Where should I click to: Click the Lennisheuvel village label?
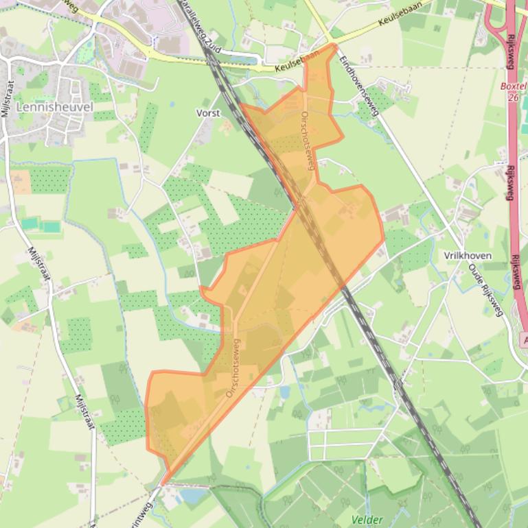click(x=54, y=108)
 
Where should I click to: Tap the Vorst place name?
click(x=208, y=113)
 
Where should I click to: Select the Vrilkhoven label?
click(x=468, y=256)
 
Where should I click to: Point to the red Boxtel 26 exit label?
click(x=512, y=92)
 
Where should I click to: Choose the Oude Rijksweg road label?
click(x=486, y=289)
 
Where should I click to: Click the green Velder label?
click(x=367, y=520)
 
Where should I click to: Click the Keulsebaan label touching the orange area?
click(x=297, y=64)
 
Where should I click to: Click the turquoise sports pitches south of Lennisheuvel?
click(x=40, y=225)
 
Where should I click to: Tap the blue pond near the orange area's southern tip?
click(x=194, y=495)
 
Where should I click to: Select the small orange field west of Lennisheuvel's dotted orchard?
click(x=20, y=182)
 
